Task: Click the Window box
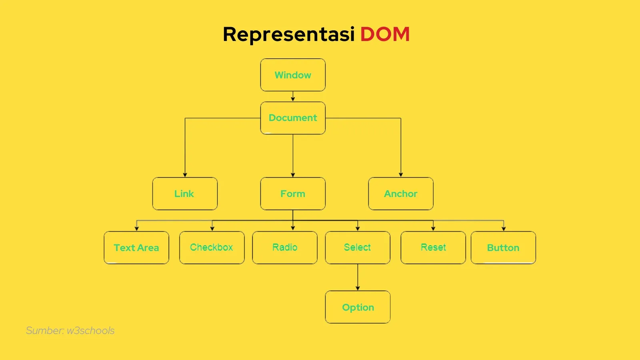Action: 293,75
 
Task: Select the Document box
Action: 293,118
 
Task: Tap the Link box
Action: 185,194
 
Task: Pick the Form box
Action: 293,194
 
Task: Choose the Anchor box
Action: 401,194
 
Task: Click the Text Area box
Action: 136,248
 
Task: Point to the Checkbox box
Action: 212,248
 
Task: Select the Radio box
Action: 285,248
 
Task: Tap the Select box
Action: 358,248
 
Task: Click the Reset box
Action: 433,248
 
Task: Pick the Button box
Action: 503,248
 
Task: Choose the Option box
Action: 358,307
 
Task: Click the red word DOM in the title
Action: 385,34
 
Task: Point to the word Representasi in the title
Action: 288,34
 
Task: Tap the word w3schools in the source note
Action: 91,331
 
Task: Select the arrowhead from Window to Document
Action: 293,99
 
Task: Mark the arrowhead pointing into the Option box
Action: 358,288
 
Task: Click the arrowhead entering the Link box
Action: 185,174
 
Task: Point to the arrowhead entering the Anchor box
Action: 401,174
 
